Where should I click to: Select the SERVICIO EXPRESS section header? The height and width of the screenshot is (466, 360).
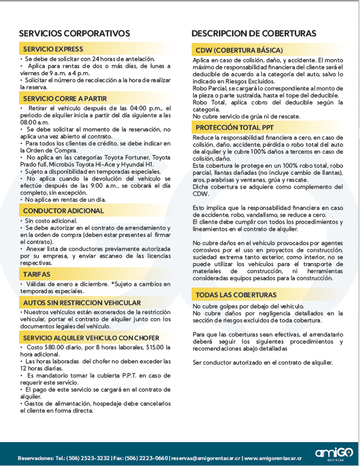coord(53,49)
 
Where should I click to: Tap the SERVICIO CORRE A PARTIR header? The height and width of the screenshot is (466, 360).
coord(65,98)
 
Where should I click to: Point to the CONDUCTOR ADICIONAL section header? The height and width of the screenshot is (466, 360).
coord(63,211)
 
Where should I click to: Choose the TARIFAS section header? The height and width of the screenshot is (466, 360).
coord(37,274)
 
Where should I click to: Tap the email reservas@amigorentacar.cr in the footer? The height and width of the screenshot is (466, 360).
coord(205,458)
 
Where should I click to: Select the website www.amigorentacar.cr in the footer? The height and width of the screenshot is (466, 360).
coord(271,458)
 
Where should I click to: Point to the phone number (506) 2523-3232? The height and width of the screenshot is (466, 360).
coord(88,458)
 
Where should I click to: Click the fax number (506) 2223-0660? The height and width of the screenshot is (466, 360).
coord(147,458)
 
